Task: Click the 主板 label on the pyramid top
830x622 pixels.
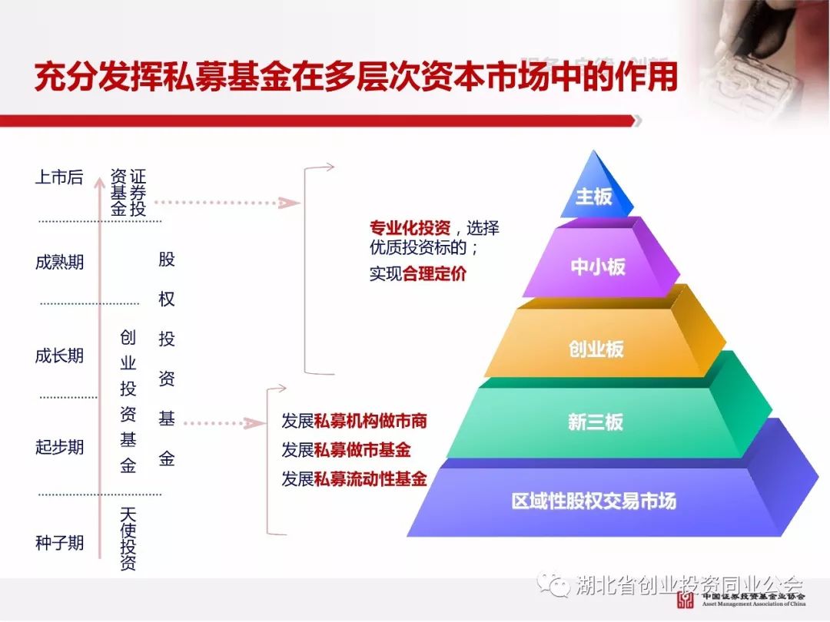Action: point(593,197)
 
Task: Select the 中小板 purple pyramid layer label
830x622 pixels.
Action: point(598,266)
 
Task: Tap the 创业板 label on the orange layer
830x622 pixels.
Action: point(596,349)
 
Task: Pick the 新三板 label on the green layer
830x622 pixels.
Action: point(596,422)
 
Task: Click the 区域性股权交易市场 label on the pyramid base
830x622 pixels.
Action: point(594,501)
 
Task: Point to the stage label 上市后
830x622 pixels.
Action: point(59,177)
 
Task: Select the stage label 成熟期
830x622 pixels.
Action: point(59,262)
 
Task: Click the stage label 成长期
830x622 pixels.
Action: point(59,356)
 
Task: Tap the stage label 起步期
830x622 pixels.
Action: point(59,447)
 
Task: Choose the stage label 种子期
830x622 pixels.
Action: point(59,543)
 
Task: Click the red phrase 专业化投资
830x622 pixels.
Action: point(410,228)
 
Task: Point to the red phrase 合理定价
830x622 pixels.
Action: point(434,273)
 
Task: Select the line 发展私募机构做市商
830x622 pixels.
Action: point(354,421)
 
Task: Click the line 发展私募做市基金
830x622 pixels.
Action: point(346,450)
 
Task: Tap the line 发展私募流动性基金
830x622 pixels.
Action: point(354,479)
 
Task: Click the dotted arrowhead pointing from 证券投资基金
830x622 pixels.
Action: point(289,203)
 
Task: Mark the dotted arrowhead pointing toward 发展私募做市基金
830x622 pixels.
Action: point(254,423)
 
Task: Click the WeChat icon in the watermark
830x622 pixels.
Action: point(553,584)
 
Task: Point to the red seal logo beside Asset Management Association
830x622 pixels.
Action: point(686,600)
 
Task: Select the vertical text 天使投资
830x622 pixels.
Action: point(128,539)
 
